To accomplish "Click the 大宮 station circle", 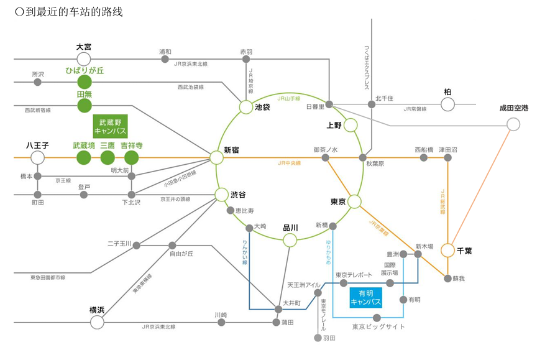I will tap(84, 59).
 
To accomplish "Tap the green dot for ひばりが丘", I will tap(84, 82).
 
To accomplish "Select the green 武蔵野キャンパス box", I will tap(110, 126).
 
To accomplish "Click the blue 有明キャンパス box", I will tap(365, 297).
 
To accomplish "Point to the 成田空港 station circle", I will tap(513, 124).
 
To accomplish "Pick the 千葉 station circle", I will tap(447, 250).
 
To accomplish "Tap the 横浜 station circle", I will tap(97, 322).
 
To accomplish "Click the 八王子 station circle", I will tap(37, 157).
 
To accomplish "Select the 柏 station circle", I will tap(447, 104).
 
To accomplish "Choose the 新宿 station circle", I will tap(216, 158).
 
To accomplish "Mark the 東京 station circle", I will tap(354, 201).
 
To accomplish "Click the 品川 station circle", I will tap(290, 240).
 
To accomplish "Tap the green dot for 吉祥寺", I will tap(131, 157).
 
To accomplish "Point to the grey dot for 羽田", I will tap(318, 338).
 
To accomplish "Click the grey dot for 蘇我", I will tap(447, 278).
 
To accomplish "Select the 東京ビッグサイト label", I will tap(378, 326).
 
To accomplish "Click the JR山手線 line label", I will tap(289, 98).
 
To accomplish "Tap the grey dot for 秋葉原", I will tap(363, 157).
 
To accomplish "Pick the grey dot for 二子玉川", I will tap(136, 245).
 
